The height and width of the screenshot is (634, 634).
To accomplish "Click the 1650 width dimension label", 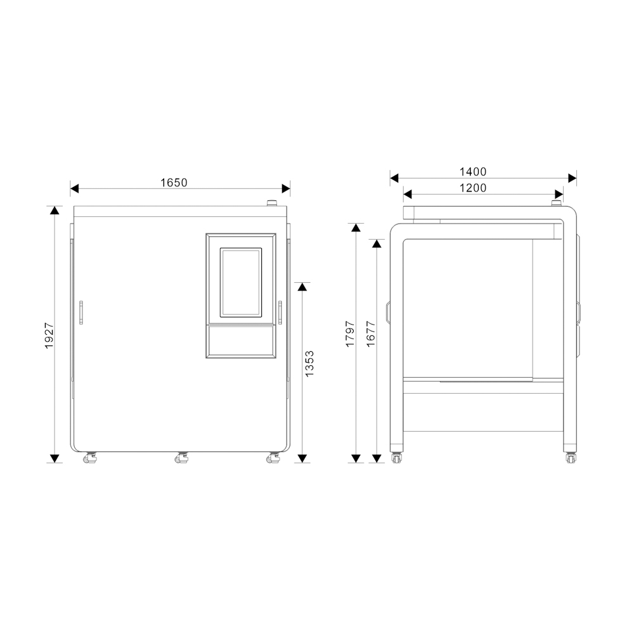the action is point(174,183).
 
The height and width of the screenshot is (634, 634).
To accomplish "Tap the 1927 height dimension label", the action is point(49,335).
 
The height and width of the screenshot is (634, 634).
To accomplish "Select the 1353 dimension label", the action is point(309,364).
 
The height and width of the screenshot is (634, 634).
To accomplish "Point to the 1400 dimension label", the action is point(473,172).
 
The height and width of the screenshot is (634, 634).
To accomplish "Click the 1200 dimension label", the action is point(473,188).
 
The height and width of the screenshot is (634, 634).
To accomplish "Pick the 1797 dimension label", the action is point(350,334).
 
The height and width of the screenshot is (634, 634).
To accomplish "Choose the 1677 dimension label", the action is point(371,334).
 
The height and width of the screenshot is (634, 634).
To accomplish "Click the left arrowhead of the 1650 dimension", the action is point(74,188).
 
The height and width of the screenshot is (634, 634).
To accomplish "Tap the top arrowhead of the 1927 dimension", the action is point(55,210).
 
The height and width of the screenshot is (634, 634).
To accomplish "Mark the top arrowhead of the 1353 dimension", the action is point(302,287).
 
